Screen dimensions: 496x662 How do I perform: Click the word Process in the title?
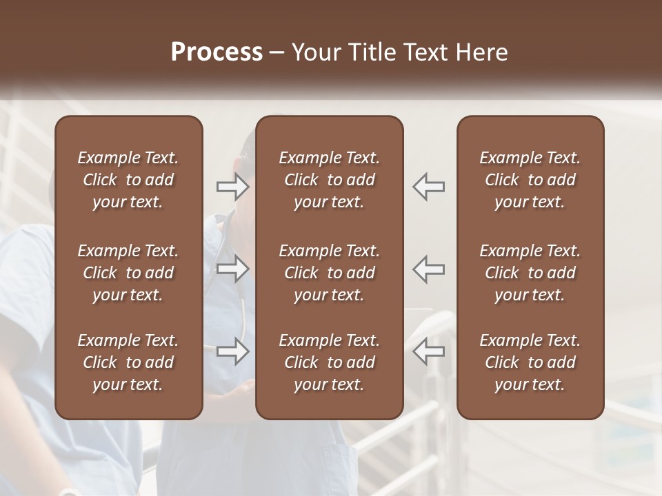tap(217, 52)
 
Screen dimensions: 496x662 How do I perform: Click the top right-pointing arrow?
tap(233, 187)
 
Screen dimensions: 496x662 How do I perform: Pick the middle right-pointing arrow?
tap(233, 269)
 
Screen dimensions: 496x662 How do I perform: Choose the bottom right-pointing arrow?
tap(233, 351)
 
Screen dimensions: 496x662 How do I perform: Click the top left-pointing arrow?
tap(429, 187)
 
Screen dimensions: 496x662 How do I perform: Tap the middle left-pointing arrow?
tap(429, 269)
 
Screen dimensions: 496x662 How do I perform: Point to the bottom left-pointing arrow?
tap(429, 351)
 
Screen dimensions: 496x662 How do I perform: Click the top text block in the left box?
tap(128, 180)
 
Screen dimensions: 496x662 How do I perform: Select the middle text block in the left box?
tap(128, 273)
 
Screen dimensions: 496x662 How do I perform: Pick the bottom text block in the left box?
tap(128, 362)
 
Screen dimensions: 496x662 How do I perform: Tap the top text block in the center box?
tap(330, 180)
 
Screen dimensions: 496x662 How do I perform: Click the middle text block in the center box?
tap(330, 273)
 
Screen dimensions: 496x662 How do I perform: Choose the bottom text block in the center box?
tap(330, 362)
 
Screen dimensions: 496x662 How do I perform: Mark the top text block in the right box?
tap(530, 180)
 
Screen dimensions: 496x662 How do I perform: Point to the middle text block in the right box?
tap(530, 273)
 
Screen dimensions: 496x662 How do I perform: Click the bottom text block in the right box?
tap(530, 362)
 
